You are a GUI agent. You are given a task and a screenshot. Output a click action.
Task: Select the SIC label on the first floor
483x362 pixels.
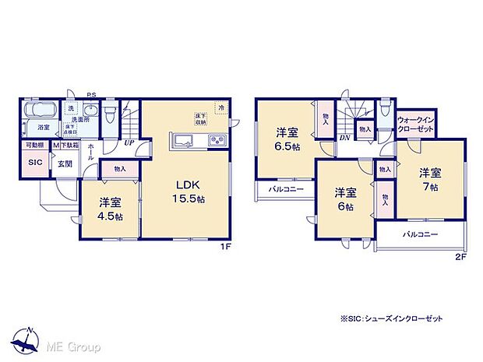[x=35, y=162]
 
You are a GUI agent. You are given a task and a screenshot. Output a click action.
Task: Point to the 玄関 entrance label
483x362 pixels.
[x=64, y=163]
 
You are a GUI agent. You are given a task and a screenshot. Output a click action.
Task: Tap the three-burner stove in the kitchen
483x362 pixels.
[x=216, y=142]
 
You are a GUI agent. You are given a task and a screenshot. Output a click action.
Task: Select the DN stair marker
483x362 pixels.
[x=344, y=138]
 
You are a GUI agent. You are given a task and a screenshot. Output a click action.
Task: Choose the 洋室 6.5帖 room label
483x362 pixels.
[x=285, y=139]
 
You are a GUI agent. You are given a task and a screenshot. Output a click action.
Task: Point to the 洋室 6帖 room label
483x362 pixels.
[x=346, y=199]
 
